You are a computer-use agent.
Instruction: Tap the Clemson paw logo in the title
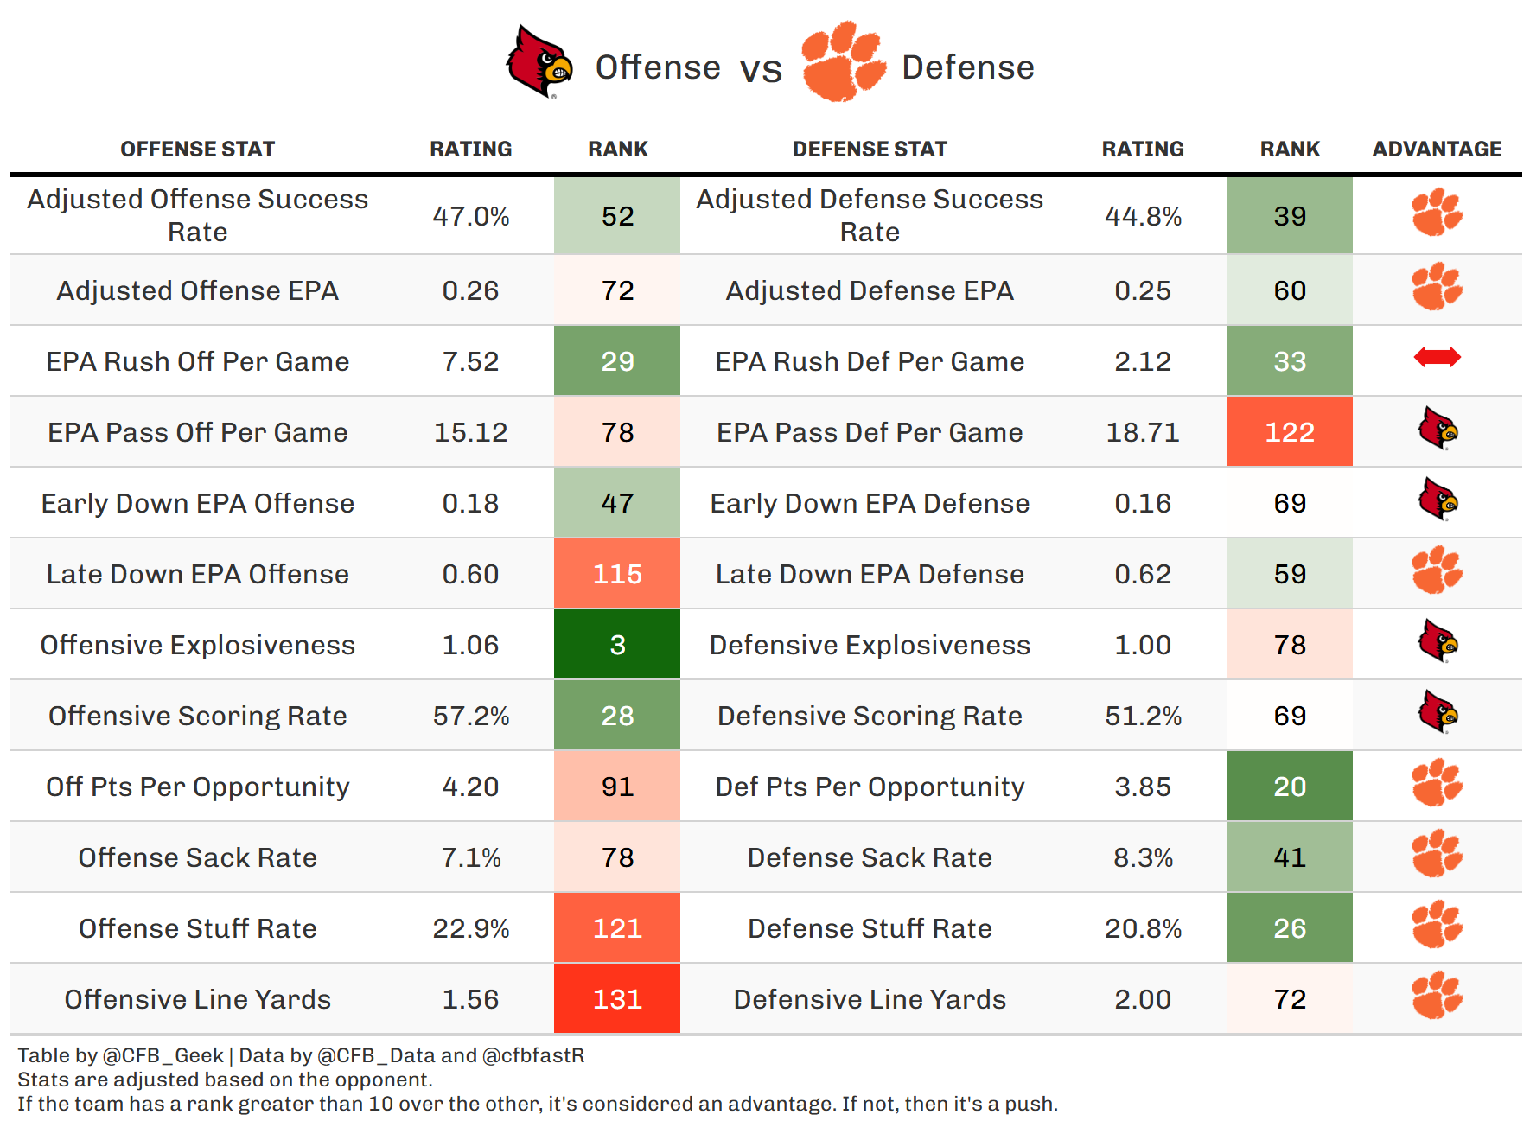coord(842,62)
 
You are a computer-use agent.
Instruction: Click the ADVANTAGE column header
coord(1437,150)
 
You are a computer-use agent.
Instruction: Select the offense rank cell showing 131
coord(617,999)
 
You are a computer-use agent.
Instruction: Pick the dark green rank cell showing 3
coord(617,645)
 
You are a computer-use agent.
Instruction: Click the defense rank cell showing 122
coord(1290,432)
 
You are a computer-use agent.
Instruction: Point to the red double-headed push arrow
coord(1437,357)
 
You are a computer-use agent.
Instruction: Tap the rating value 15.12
coord(471,432)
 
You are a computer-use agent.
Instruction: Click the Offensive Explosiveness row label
coord(198,645)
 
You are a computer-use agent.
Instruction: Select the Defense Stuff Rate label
coord(870,928)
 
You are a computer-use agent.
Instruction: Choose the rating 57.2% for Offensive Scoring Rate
coord(471,716)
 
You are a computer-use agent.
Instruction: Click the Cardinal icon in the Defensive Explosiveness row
coord(1438,641)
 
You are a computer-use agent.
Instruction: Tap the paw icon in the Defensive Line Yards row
coord(1437,996)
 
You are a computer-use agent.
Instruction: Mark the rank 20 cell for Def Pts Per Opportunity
coord(1290,787)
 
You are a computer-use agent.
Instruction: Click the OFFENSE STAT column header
coord(198,150)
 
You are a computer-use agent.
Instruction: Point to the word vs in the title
coord(761,69)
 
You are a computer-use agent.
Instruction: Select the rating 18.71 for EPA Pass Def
coord(1143,432)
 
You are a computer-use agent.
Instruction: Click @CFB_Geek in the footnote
coord(163,1055)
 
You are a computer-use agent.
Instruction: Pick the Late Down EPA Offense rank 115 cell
coord(617,574)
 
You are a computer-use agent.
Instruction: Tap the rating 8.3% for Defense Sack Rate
coord(1143,857)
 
